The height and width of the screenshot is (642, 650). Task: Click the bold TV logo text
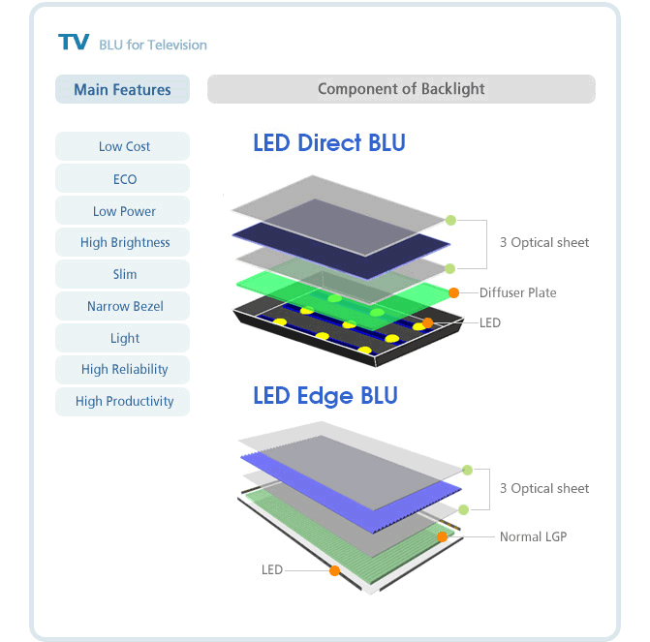(74, 42)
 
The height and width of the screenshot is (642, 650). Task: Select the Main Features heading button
(122, 89)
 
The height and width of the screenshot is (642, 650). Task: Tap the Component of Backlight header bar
(401, 89)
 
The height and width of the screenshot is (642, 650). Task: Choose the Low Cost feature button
(122, 146)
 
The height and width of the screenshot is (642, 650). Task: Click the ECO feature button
(122, 178)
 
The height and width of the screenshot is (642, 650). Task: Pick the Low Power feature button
(122, 210)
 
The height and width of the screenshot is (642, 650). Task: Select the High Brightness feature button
(122, 242)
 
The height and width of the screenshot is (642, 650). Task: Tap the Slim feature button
(122, 274)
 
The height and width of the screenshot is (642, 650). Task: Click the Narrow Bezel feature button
(122, 306)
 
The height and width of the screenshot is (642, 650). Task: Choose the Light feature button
(122, 338)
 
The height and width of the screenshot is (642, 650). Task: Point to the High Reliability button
(122, 370)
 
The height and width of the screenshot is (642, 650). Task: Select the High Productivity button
(122, 402)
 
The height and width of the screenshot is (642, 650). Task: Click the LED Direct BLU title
(329, 143)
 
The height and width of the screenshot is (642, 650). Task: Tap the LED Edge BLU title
(325, 396)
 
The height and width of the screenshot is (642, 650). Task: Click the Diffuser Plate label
(517, 292)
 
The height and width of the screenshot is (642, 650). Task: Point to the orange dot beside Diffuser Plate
(454, 293)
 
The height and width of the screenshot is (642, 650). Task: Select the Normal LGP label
(533, 536)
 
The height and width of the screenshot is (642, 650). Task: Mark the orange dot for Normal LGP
(443, 536)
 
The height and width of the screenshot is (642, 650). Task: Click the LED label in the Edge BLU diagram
(272, 570)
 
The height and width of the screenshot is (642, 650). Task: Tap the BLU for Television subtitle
(153, 45)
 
